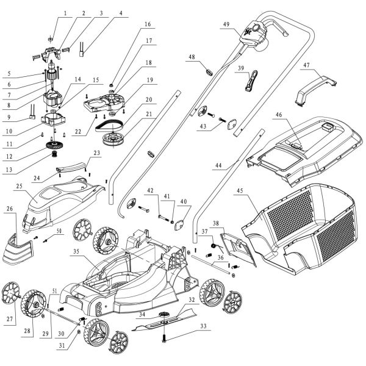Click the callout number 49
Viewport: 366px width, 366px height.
coord(226,24)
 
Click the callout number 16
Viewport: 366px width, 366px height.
coord(146,24)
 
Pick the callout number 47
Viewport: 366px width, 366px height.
coord(306,64)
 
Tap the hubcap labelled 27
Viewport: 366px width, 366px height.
coord(12,292)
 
